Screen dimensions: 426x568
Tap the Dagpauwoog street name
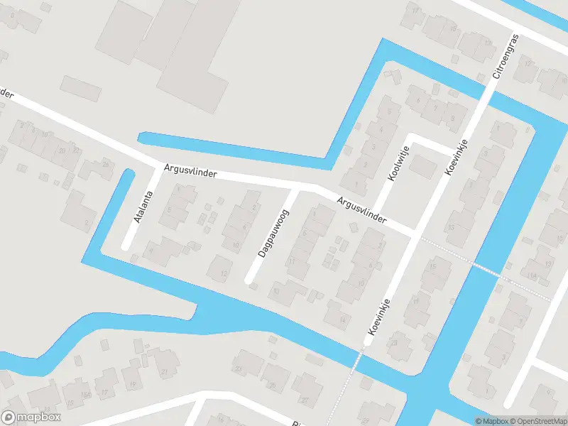coord(273,233)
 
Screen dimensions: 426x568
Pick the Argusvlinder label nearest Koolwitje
coord(361,211)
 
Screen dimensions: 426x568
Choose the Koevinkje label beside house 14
coord(381,317)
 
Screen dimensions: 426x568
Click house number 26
coord(106,164)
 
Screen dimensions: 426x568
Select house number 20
coord(62,151)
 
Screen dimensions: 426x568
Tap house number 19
coord(132,384)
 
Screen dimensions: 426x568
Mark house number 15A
coord(86,394)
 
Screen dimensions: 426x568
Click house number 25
coord(272,386)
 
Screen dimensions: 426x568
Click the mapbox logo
coord(31,417)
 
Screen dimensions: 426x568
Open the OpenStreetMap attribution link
coord(537,421)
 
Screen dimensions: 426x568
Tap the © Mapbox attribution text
coord(491,421)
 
